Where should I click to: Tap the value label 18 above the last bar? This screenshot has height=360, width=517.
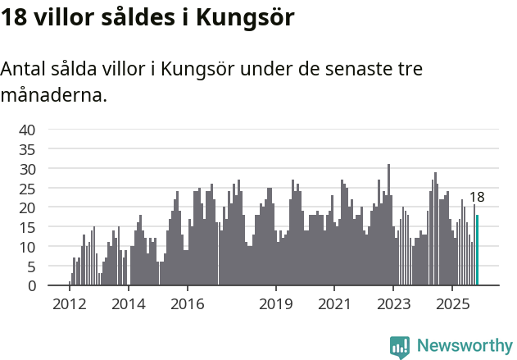(477, 197)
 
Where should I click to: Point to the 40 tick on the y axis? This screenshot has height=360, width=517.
(28, 130)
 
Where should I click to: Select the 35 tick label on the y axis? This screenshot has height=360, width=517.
(28, 149)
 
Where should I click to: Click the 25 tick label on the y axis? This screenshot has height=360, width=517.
(28, 188)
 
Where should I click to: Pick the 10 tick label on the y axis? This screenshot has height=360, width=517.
(28, 247)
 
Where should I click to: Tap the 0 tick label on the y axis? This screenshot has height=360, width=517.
(32, 285)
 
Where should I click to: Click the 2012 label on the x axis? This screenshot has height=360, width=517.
(69, 304)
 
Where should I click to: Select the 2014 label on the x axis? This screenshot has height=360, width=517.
(128, 304)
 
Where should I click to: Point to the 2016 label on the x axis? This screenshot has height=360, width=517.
(188, 304)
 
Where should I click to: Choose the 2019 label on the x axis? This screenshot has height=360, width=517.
(276, 304)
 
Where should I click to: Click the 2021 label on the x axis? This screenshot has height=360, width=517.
(334, 304)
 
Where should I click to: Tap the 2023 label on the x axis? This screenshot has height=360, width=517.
(393, 304)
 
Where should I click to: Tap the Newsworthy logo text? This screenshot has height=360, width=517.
(465, 345)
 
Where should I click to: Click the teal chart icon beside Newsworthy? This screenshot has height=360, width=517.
(400, 346)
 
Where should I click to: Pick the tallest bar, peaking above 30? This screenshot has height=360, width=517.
(388, 225)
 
